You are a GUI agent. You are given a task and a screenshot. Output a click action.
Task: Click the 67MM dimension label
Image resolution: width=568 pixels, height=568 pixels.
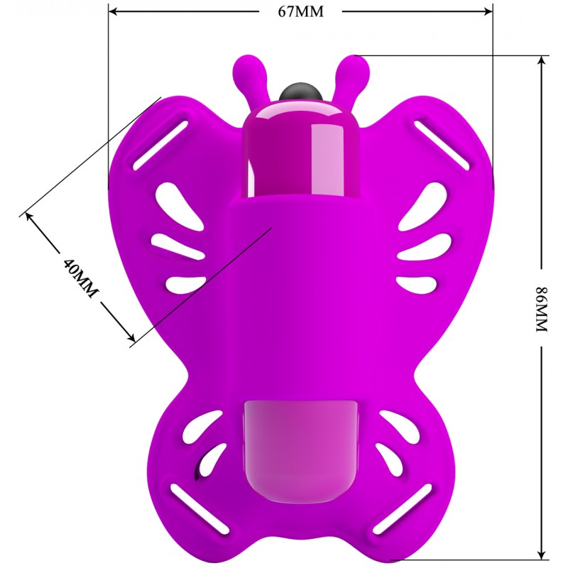pyautogui.click(x=300, y=11)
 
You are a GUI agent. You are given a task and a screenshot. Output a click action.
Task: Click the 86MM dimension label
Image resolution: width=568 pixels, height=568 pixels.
pyautogui.click(x=542, y=309)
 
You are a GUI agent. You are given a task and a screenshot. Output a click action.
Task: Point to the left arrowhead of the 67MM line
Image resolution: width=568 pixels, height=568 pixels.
pyautogui.click(x=114, y=11)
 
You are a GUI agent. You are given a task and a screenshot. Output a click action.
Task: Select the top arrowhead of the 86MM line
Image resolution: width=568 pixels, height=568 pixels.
pyautogui.click(x=542, y=61)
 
